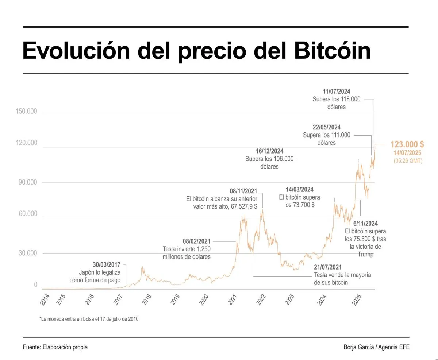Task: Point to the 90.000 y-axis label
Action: (28, 182)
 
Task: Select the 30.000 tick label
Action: (28, 253)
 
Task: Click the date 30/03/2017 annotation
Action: (107, 265)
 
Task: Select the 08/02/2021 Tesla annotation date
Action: (197, 241)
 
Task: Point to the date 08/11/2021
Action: (243, 191)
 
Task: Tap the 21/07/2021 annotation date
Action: (328, 267)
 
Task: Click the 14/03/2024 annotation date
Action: (299, 190)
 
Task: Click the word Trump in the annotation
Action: (365, 254)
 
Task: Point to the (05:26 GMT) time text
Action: (408, 161)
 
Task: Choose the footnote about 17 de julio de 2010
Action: (89, 319)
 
